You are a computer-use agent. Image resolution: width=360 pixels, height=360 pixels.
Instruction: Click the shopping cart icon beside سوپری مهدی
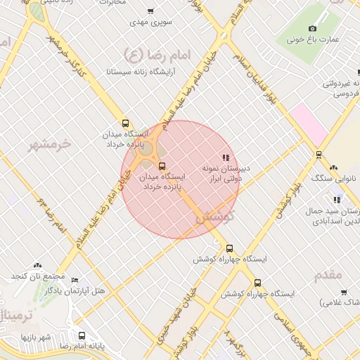pyautogui.click(x=150, y=11)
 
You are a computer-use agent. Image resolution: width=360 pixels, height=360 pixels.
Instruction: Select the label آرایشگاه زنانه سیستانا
pyautogui.click(x=141, y=72)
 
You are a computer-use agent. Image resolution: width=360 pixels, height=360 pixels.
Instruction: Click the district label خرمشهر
pyautogui.click(x=49, y=144)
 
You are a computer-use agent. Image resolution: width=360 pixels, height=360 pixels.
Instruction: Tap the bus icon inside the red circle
pyautogui.click(x=163, y=167)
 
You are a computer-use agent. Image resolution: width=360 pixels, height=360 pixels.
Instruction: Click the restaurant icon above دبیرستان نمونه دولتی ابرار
pyautogui.click(x=226, y=157)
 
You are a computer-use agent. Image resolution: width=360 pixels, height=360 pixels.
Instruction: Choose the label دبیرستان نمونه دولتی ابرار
pyautogui.click(x=227, y=174)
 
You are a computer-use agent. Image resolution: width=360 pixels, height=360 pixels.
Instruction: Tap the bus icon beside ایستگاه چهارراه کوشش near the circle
pyautogui.click(x=230, y=248)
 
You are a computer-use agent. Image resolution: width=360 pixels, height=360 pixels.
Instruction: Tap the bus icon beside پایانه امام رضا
pyautogui.click(x=82, y=335)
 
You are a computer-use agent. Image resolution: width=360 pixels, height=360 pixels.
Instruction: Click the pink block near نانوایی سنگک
pyautogui.click(x=309, y=123)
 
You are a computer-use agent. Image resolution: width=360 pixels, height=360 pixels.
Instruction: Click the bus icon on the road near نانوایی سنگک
pyautogui.click(x=319, y=155)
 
